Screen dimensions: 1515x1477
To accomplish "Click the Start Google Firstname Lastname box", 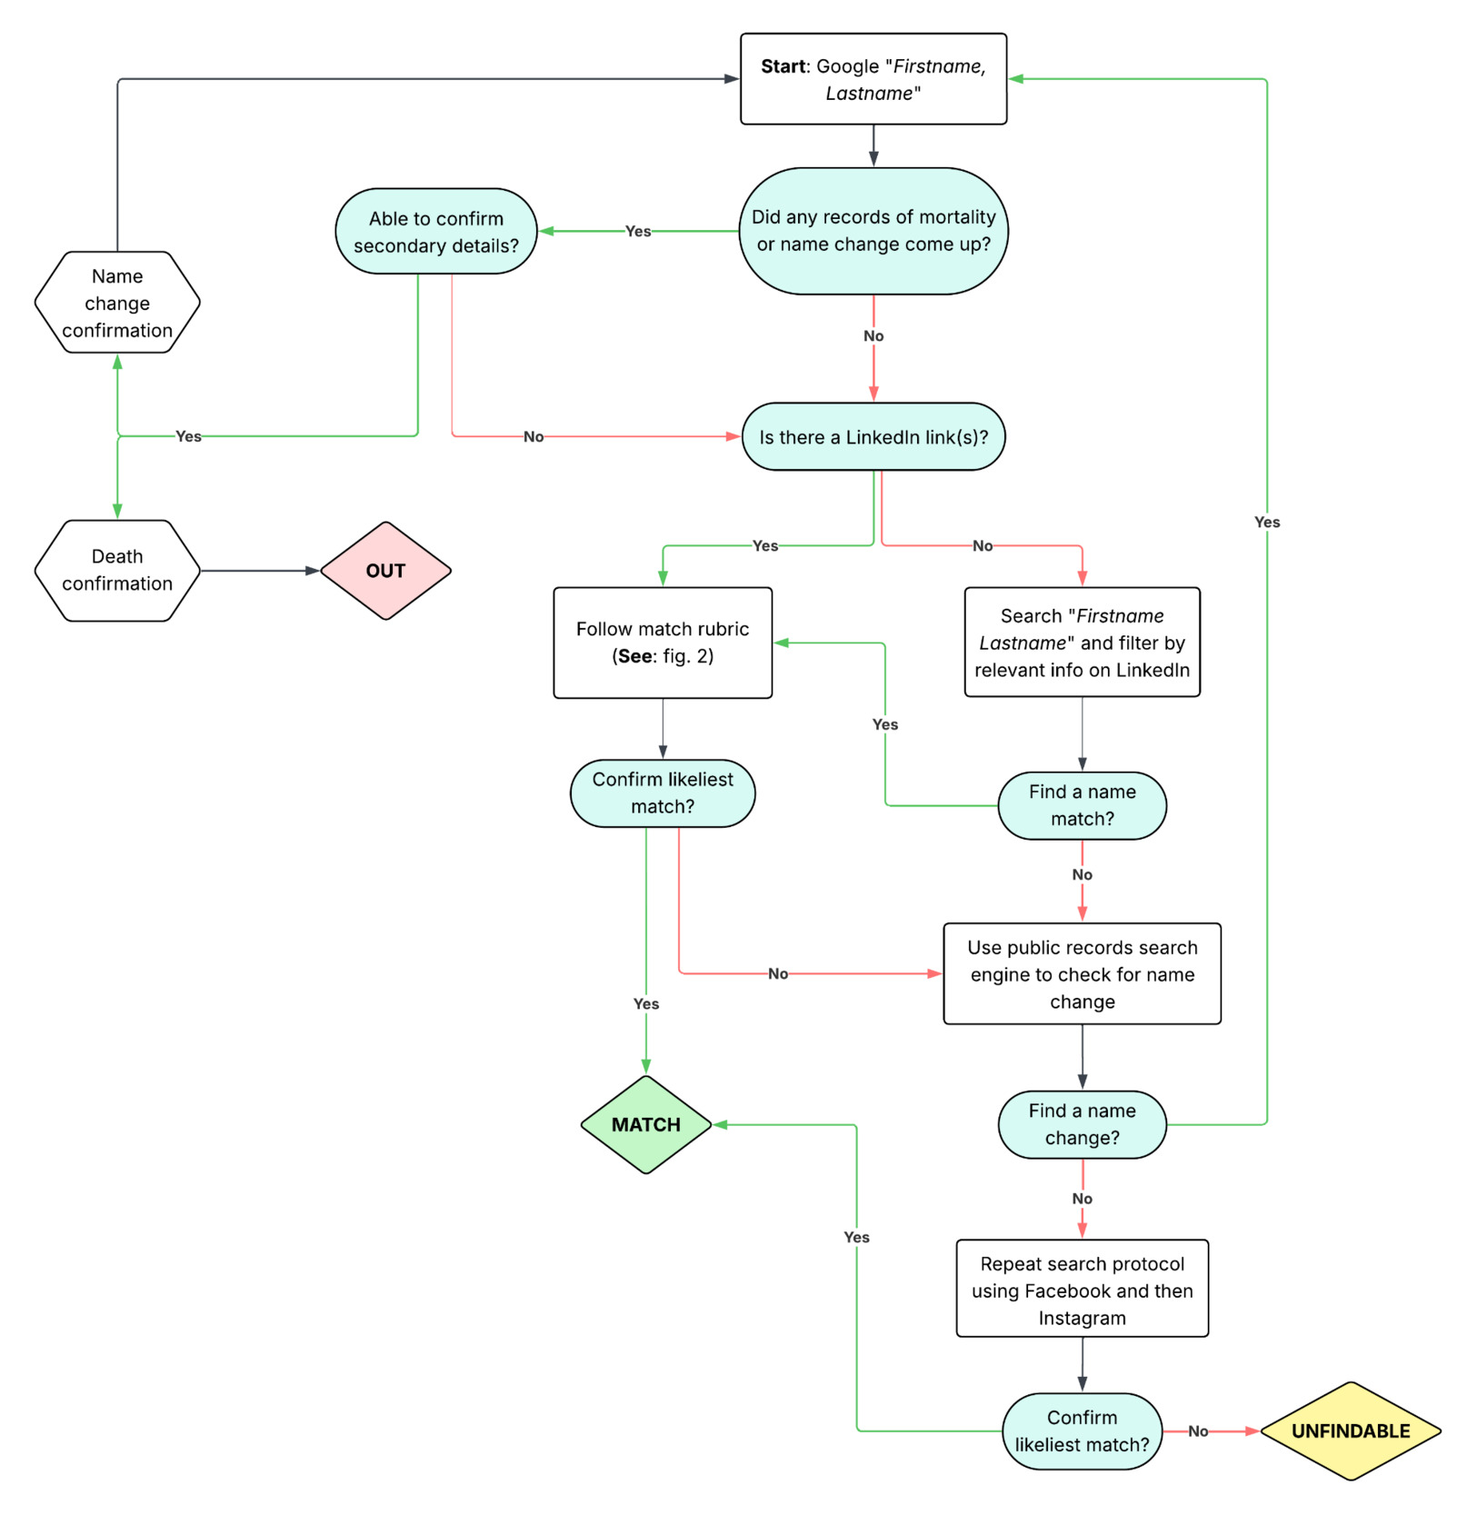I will coord(873,79).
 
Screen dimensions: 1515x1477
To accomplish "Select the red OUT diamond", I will coord(385,571).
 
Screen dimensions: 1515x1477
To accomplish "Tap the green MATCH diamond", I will coord(645,1124).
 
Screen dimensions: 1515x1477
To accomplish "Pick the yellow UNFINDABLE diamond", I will coord(1350,1430).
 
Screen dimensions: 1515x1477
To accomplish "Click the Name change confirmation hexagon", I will coord(117,303).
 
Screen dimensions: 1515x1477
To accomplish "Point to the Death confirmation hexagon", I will coord(117,570).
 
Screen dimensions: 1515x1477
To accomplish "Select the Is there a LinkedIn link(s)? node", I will coord(873,437).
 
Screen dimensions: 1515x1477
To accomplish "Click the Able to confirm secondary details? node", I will coord(435,232).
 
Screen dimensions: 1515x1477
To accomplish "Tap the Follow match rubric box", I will coord(663,643).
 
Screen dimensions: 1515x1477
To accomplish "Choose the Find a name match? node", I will coord(1082,805).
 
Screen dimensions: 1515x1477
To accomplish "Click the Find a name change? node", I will coord(1082,1124).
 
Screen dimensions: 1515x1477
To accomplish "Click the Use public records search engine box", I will coord(1082,974).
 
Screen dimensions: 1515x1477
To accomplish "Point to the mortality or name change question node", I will coord(873,231).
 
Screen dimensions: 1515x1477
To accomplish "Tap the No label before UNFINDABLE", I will coord(1198,1431).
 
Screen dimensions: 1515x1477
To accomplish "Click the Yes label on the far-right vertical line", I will coord(1266,522).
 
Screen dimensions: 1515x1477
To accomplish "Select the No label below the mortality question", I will coord(873,336).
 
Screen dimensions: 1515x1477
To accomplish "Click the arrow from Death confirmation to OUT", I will coord(259,571).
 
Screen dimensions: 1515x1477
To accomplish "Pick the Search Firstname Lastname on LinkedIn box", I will coord(1082,643).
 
